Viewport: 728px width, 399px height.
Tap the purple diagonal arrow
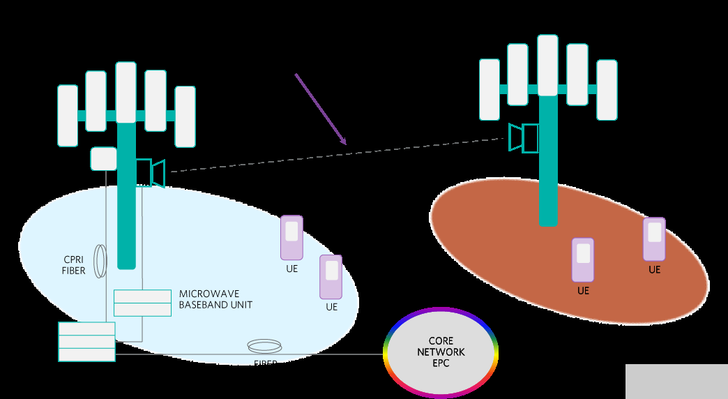point(321,110)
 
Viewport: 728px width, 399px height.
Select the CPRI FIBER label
point(73,265)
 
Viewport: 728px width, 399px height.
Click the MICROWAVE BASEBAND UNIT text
point(215,299)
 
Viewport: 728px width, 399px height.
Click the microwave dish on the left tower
point(153,173)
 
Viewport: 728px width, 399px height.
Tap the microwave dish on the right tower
point(522,137)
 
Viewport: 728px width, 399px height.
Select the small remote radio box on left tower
point(103,158)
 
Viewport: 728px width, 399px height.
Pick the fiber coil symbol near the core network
point(265,345)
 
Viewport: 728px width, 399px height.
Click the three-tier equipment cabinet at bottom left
point(86,342)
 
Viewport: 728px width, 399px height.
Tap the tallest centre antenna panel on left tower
point(126,93)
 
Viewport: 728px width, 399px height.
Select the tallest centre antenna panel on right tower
point(547,65)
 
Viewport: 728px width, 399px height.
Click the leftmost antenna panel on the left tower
point(68,116)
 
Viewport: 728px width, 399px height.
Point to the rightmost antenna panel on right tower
point(607,89)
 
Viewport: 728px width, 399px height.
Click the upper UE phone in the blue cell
point(291,237)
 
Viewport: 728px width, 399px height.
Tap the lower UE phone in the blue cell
point(331,276)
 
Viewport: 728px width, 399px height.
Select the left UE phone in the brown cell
point(583,259)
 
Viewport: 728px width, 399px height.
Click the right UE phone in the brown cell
point(654,239)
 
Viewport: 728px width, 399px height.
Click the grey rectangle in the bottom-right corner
point(676,381)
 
